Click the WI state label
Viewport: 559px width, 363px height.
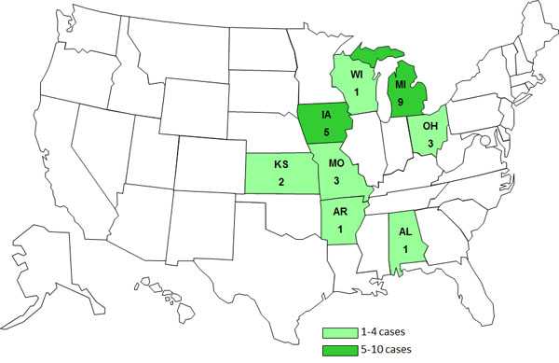point(356,72)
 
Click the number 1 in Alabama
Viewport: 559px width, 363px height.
point(403,246)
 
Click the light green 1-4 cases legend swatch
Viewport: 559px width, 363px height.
point(343,331)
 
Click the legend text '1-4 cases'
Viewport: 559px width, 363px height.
point(392,331)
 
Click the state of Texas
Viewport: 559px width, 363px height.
point(252,243)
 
